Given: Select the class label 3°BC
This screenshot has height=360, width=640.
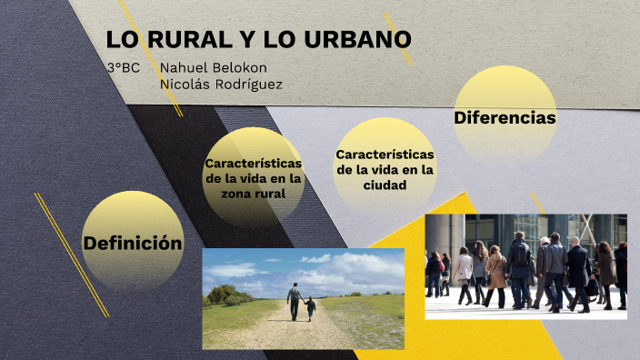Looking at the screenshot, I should [x=123, y=68].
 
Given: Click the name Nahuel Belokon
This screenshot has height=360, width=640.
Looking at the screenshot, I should [x=213, y=68].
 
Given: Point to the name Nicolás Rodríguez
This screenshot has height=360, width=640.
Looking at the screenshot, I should [x=221, y=84].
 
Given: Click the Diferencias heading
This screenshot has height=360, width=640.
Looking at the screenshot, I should [x=505, y=118].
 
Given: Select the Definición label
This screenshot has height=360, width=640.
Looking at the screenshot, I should [x=133, y=243].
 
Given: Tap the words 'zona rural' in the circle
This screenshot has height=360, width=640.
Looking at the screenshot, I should [x=253, y=193].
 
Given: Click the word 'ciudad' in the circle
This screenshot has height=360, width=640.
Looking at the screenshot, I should [x=385, y=185].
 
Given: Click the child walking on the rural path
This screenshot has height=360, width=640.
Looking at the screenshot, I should [x=311, y=309].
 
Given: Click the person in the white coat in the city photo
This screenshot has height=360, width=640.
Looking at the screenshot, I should [x=465, y=269].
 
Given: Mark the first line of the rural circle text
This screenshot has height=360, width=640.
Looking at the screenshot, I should [x=253, y=163].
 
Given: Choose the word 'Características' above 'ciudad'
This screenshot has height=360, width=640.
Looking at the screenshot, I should [x=385, y=155].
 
